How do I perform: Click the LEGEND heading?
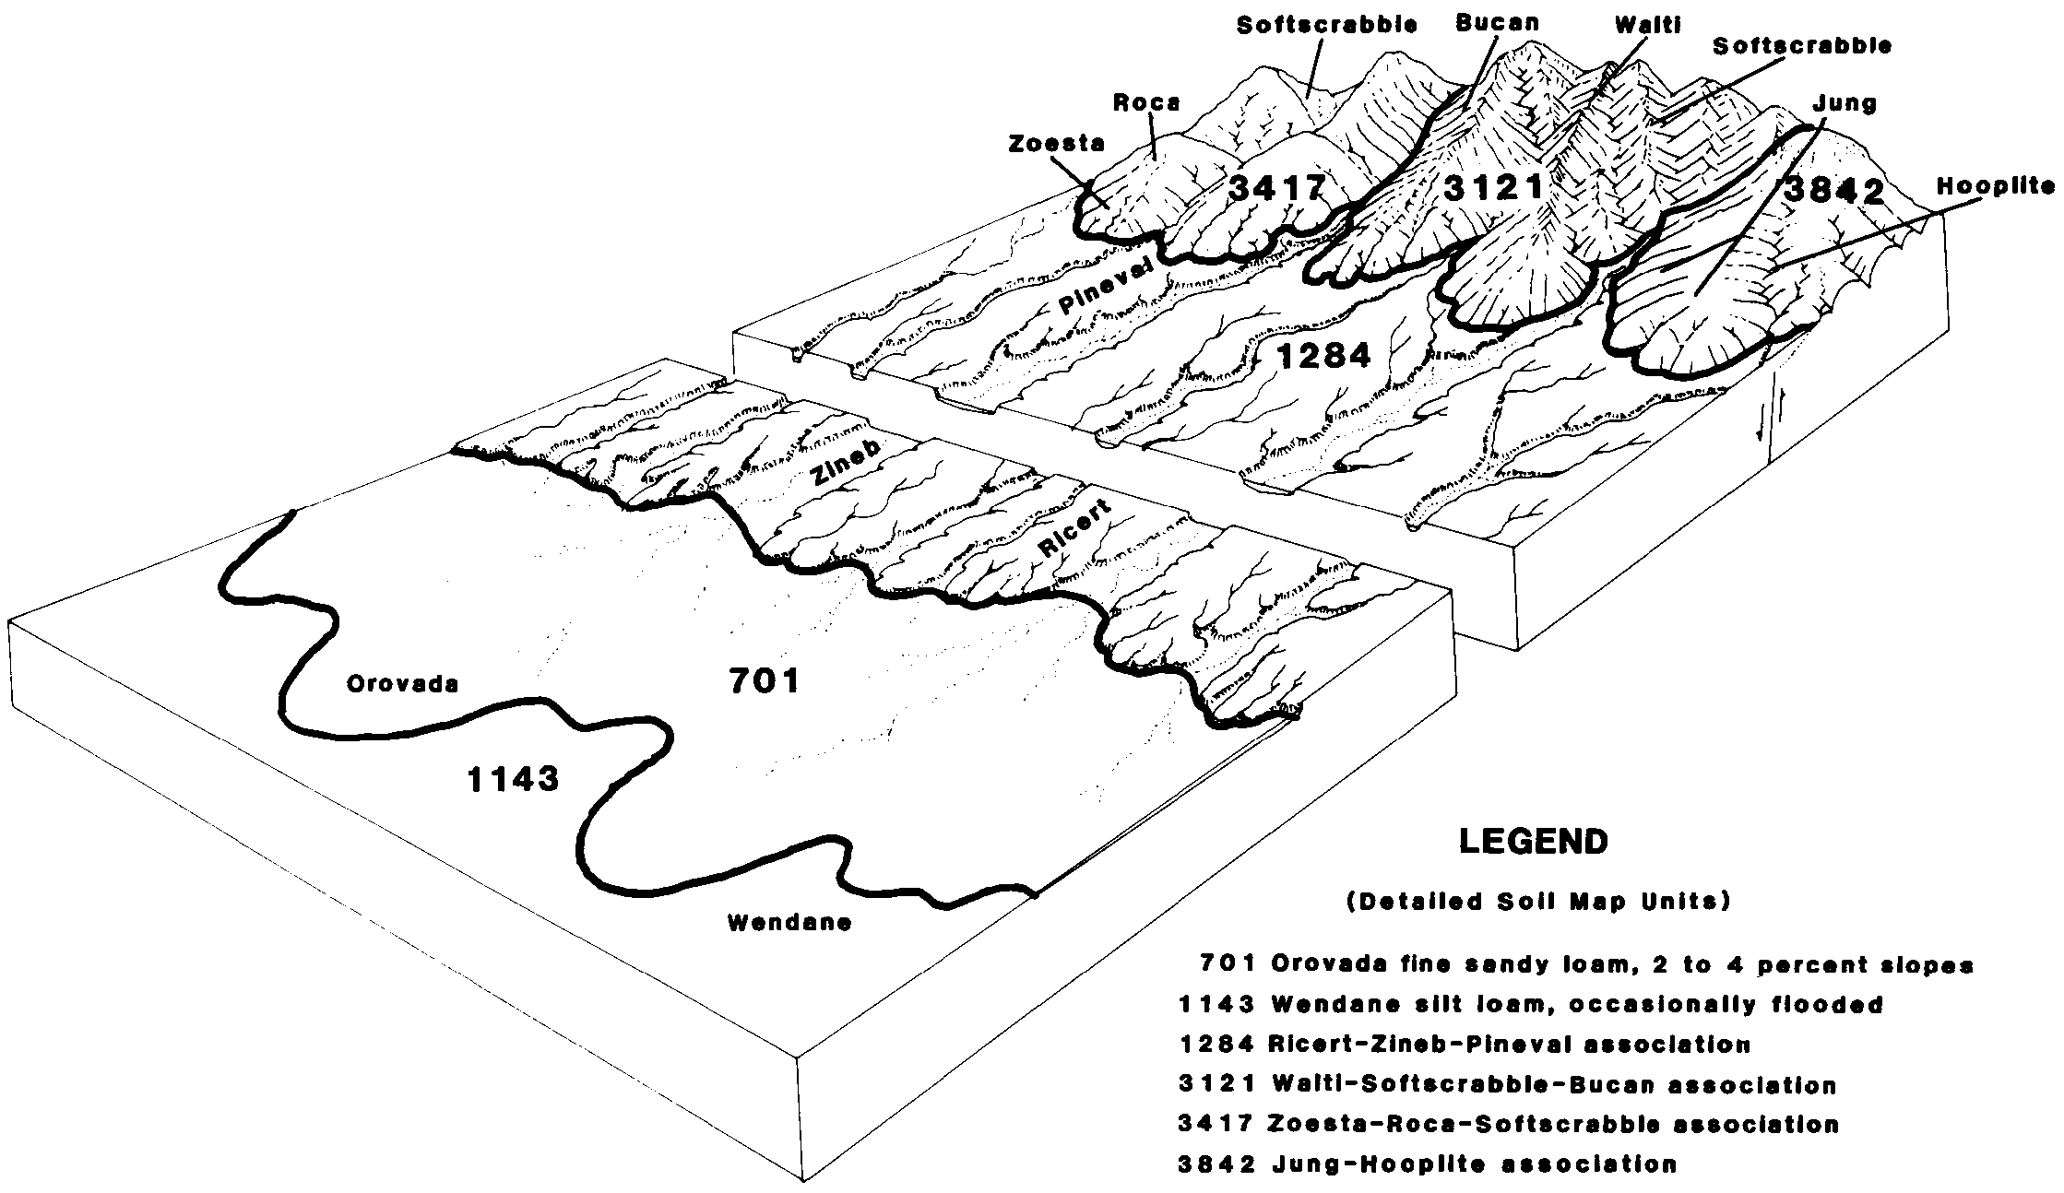pyautogui.click(x=1534, y=841)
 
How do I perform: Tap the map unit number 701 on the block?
pyautogui.click(x=765, y=681)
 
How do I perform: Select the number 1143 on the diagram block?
pyautogui.click(x=513, y=780)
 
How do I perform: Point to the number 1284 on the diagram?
pyautogui.click(x=1324, y=356)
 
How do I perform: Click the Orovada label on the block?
pyautogui.click(x=402, y=683)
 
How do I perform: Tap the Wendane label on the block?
pyautogui.click(x=789, y=922)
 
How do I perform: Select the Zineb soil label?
pyautogui.click(x=846, y=460)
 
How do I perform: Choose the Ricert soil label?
pyautogui.click(x=1075, y=531)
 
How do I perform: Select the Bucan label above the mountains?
pyautogui.click(x=1498, y=23)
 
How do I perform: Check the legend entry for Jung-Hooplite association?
pyautogui.click(x=1428, y=1164)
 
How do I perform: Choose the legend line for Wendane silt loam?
pyautogui.click(x=1531, y=1004)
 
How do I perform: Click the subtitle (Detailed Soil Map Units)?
pyautogui.click(x=1537, y=902)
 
